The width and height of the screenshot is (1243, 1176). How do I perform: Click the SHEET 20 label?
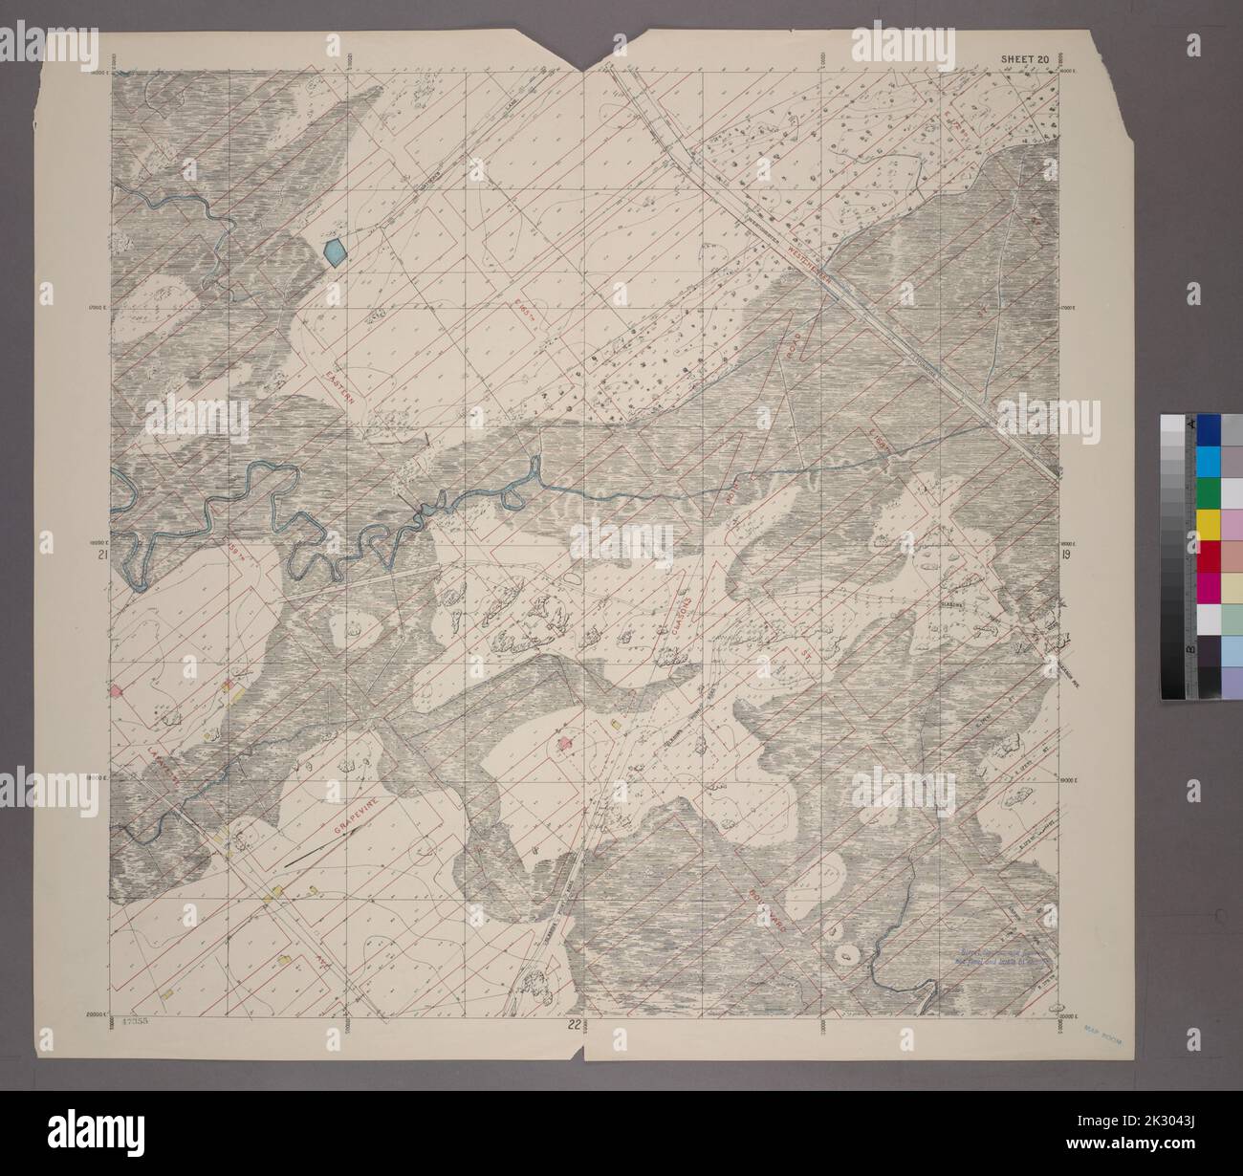[1025, 59]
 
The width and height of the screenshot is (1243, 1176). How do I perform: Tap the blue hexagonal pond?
[335, 252]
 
